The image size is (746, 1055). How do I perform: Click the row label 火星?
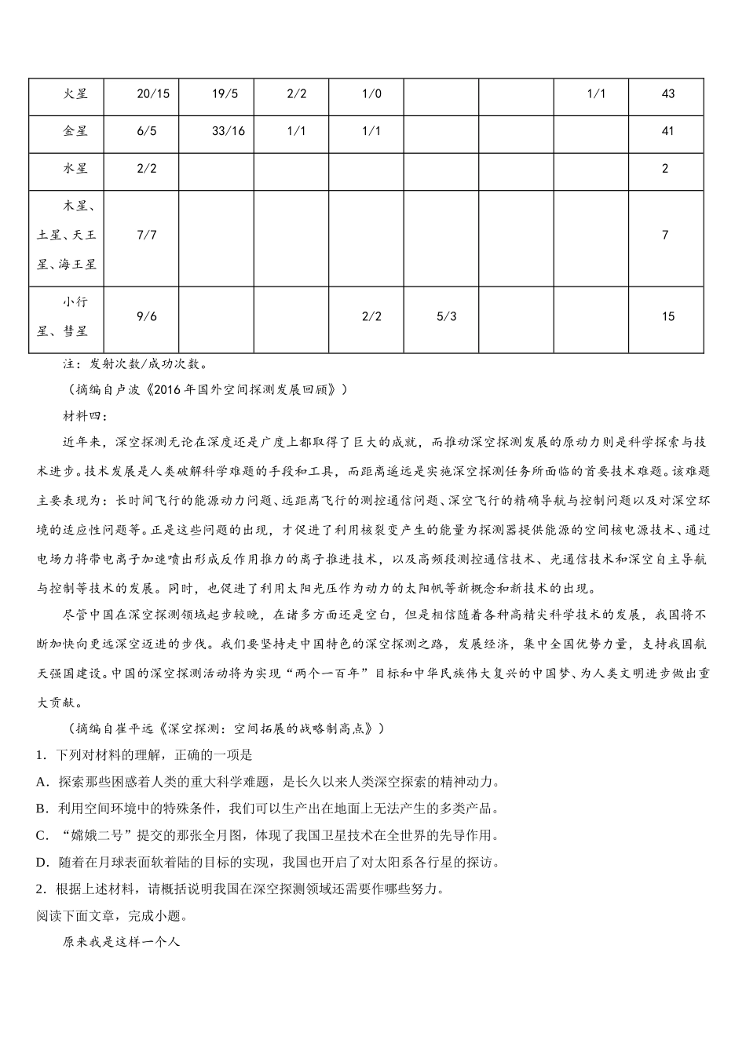[75, 94]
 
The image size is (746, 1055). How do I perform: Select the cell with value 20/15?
[152, 94]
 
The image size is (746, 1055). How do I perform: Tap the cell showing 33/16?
[228, 131]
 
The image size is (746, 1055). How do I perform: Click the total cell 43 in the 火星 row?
[667, 94]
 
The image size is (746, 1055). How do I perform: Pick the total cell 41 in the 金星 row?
[667, 131]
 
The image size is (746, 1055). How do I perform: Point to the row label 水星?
[75, 169]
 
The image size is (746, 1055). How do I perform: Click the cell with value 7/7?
[147, 235]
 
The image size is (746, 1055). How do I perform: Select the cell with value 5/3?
[446, 316]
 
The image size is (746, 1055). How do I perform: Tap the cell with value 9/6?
[147, 316]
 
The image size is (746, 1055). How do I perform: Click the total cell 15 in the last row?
[667, 316]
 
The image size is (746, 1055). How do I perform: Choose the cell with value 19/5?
[225, 94]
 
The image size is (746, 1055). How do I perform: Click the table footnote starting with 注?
[135, 364]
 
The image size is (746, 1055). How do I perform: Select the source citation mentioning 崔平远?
[224, 728]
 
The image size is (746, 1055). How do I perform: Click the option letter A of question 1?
[42, 782]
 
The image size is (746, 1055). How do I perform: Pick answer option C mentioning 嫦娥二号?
[267, 835]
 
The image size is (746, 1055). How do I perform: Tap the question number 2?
[40, 889]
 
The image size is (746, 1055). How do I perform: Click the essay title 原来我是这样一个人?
[122, 941]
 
